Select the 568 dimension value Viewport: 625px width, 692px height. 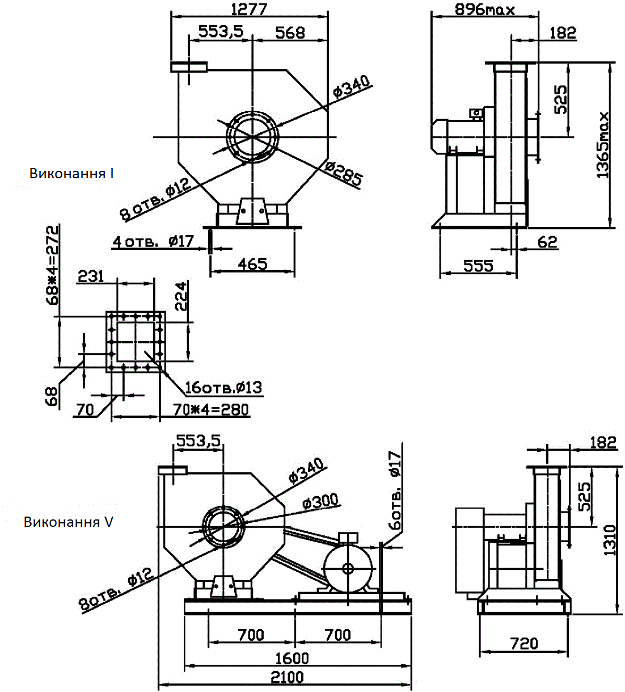point(290,32)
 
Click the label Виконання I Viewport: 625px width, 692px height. point(71,173)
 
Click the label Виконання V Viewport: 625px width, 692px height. point(68,521)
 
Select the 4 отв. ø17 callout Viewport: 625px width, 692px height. point(153,241)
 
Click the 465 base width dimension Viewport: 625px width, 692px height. point(252,264)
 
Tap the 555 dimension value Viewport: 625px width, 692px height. point(478,266)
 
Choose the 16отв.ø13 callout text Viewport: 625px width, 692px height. point(223,388)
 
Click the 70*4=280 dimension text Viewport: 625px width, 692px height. point(210,409)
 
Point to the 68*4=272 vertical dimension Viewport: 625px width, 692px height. point(52,265)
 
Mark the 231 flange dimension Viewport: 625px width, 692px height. point(91,276)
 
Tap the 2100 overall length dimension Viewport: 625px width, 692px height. point(287,677)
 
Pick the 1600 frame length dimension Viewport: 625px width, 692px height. point(292,658)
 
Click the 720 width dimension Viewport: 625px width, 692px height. point(523,643)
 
